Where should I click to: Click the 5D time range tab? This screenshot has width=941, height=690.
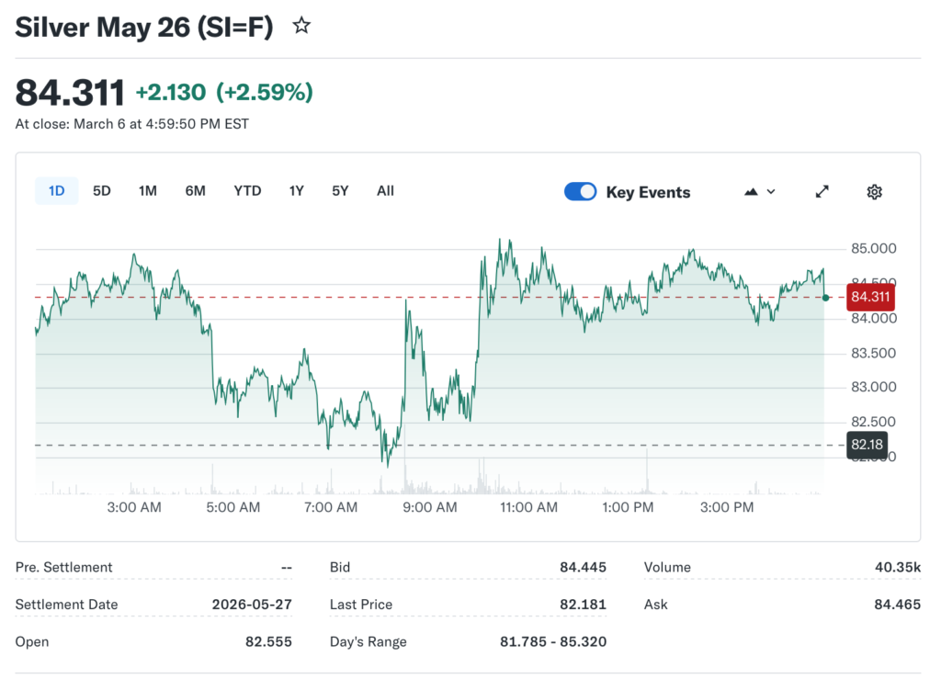[x=102, y=191]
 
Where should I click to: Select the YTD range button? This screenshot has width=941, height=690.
[x=247, y=191]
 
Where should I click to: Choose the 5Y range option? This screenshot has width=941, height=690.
[x=340, y=191]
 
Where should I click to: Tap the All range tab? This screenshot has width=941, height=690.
[x=385, y=191]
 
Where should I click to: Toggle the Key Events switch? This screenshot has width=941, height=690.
[x=580, y=192]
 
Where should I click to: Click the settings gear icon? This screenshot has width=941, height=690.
[x=874, y=192]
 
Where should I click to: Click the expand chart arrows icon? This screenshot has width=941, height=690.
[x=822, y=192]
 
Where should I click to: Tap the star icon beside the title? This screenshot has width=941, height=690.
[x=301, y=27]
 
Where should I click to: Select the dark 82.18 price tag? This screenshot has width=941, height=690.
[x=867, y=445]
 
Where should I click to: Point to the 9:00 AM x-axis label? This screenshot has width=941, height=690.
[x=429, y=507]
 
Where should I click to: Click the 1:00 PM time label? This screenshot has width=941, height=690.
[x=628, y=507]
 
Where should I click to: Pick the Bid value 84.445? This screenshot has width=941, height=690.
[x=583, y=568]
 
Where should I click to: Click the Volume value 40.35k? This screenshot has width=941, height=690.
[x=897, y=568]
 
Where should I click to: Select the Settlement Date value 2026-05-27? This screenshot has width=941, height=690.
[x=252, y=605]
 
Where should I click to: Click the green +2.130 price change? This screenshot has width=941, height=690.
[x=172, y=93]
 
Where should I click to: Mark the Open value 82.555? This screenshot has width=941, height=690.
[x=268, y=641]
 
